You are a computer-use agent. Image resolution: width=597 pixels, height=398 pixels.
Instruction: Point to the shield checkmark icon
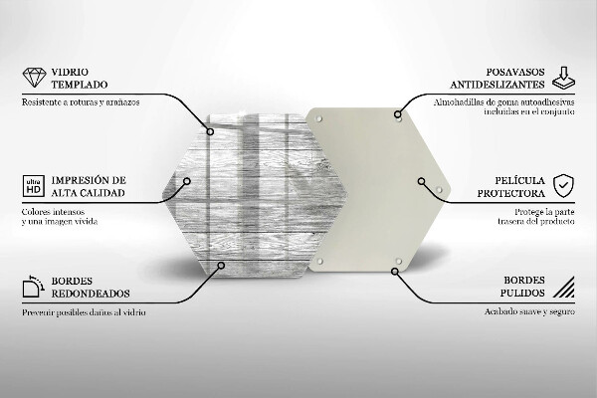pyautogui.click(x=563, y=185)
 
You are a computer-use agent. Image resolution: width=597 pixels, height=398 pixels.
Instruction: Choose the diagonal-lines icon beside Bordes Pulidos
pyautogui.click(x=563, y=289)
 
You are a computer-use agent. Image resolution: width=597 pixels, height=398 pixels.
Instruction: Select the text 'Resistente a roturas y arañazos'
pyautogui.click(x=79, y=102)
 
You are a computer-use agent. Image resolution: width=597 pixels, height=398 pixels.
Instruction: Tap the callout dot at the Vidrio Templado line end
pyautogui.click(x=210, y=130)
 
